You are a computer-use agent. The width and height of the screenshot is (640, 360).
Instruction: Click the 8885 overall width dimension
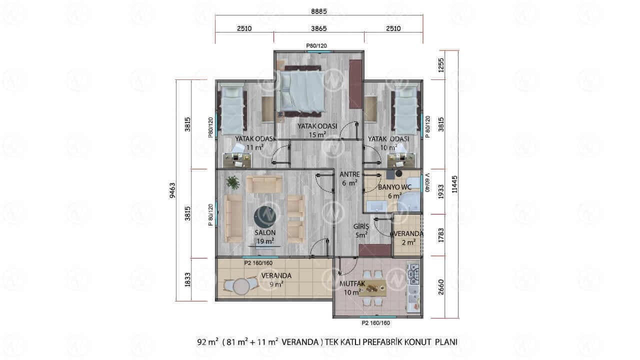319,11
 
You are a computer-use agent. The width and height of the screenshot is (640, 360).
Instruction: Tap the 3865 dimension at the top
319,28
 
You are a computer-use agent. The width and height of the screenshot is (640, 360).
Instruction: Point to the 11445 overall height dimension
454,184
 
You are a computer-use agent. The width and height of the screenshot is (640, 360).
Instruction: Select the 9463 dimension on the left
172,190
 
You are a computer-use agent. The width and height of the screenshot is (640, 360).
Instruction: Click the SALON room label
265,232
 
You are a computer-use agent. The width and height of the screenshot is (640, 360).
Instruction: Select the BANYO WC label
394,187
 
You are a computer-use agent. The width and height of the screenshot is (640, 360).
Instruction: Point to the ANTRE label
349,174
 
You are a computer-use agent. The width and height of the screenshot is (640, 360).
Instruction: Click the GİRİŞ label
361,226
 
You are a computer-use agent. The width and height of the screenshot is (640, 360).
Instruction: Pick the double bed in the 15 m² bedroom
302,91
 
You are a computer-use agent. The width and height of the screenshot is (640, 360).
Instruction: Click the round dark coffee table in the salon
265,217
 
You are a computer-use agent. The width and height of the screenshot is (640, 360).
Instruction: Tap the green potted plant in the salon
233,182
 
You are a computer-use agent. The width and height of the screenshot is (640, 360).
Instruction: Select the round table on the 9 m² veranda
241,286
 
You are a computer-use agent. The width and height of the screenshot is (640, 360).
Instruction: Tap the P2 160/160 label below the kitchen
375,323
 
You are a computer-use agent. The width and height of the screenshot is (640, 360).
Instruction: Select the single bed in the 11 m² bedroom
233,110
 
